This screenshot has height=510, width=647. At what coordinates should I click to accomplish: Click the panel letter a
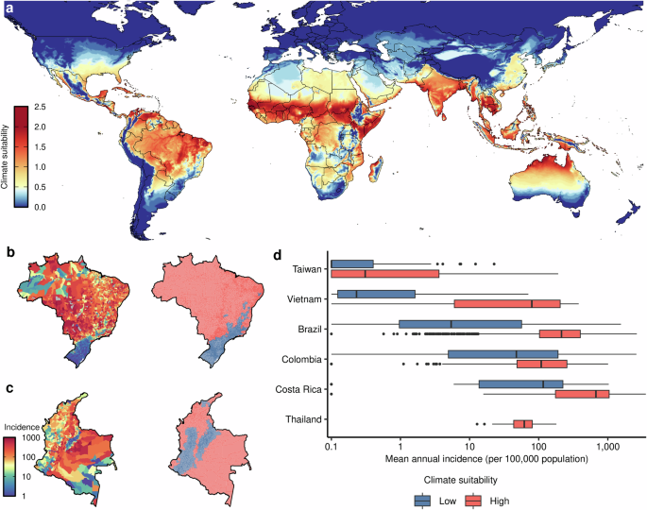pyautogui.click(x=8, y=8)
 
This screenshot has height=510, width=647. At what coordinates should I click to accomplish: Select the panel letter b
pyautogui.click(x=9, y=252)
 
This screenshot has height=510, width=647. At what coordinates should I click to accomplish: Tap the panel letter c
pyautogui.click(x=9, y=384)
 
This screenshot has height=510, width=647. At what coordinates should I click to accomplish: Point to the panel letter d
pyautogui.click(x=277, y=252)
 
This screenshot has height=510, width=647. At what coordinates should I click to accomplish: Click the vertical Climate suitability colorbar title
pyautogui.click(x=7, y=157)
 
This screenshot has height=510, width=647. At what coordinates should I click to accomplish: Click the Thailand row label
pyautogui.click(x=303, y=418)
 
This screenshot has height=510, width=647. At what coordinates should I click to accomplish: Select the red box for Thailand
pyautogui.click(x=523, y=424)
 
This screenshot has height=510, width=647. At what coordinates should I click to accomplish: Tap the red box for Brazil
pyautogui.click(x=559, y=333)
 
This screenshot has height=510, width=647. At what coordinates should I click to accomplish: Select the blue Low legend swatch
pyautogui.click(x=423, y=499)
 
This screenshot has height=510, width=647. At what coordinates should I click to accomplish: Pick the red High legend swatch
pyautogui.click(x=474, y=499)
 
